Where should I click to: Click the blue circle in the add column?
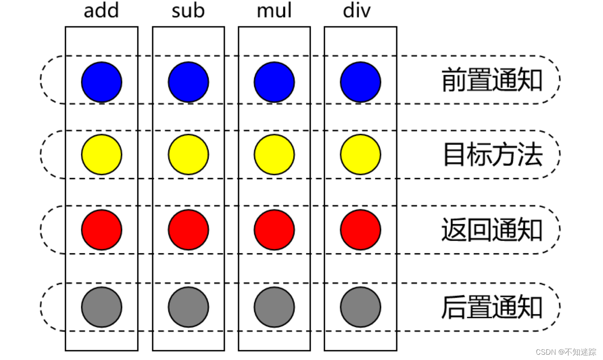tap(102, 82)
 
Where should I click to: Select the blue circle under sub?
tap(188, 82)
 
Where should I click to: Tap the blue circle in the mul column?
tap(274, 82)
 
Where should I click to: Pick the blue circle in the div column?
tap(360, 82)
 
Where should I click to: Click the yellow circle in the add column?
tap(102, 154)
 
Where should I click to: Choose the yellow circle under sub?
tap(188, 154)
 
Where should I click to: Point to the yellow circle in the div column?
tap(360, 154)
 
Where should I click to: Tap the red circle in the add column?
tap(102, 230)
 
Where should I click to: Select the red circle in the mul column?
tap(274, 230)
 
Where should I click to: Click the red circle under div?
tap(360, 230)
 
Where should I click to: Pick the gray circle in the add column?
tap(102, 307)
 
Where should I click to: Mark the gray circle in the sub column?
tap(188, 307)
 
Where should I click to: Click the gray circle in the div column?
tap(360, 307)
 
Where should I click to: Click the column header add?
tap(101, 11)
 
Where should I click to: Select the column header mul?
tap(274, 11)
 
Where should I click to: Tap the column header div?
tap(357, 11)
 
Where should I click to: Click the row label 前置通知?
tap(492, 80)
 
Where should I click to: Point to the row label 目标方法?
tap(492, 155)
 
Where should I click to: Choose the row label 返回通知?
tap(492, 230)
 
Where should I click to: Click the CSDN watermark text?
tap(566, 352)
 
